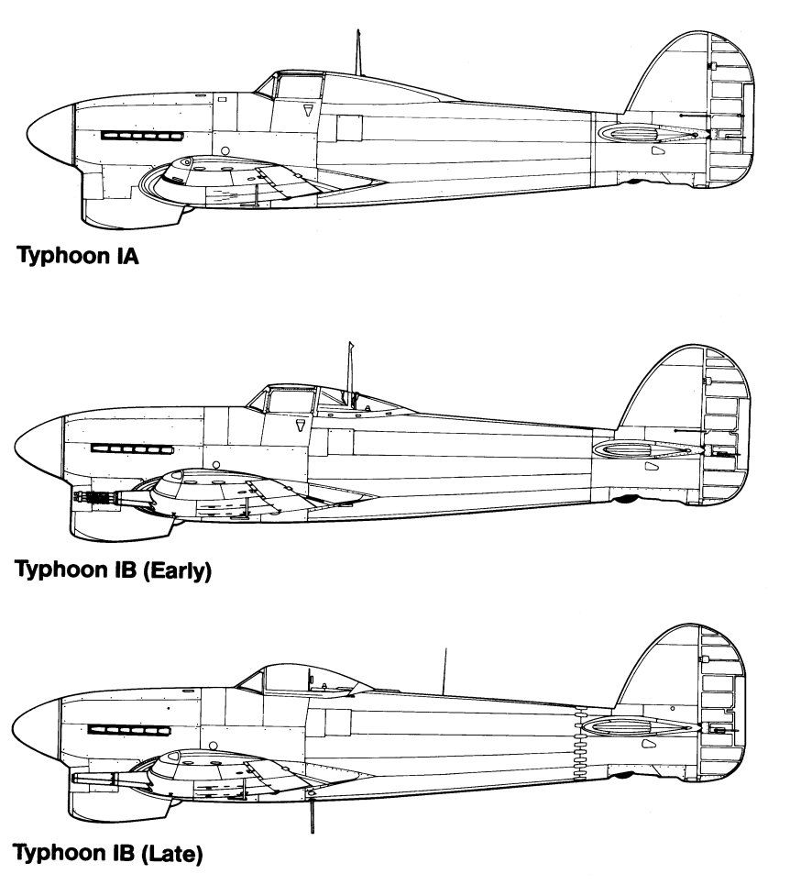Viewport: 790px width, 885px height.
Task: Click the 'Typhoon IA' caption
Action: (x=78, y=256)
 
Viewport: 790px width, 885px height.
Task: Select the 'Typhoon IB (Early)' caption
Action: (x=114, y=570)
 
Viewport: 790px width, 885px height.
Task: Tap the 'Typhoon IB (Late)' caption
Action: (x=108, y=853)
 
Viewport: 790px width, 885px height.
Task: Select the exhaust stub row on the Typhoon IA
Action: (x=142, y=136)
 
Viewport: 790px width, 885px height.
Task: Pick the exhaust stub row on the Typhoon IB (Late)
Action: (x=129, y=731)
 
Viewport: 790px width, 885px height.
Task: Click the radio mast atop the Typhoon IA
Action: (x=357, y=52)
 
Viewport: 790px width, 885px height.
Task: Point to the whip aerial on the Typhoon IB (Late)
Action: (x=444, y=671)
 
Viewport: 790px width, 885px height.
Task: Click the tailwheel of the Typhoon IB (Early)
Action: (x=626, y=499)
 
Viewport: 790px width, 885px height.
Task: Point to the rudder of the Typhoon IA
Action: (x=731, y=111)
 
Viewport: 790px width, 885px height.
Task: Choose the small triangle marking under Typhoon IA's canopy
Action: (x=307, y=109)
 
